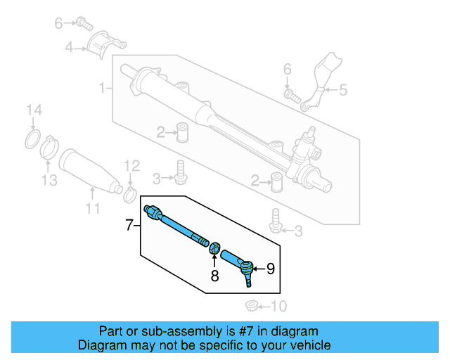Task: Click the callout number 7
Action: [129, 226]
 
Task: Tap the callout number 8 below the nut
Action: [215, 276]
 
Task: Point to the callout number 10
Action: [279, 306]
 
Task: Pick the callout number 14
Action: [34, 110]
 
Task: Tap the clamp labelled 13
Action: [49, 147]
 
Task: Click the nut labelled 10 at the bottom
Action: [251, 306]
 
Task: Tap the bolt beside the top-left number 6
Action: [85, 23]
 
